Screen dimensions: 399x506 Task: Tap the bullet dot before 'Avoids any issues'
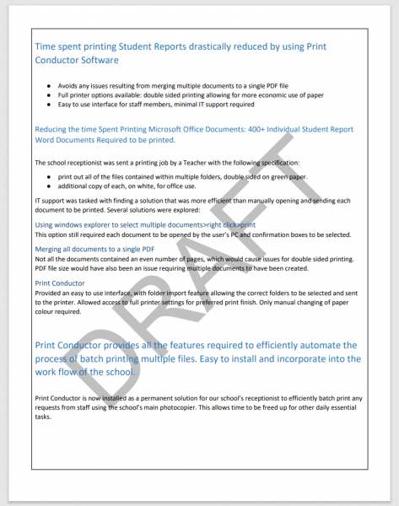point(50,87)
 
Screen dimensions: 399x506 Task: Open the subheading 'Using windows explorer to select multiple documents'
point(144,225)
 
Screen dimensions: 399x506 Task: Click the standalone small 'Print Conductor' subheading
point(60,283)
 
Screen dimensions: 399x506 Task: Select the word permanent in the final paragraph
point(170,397)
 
